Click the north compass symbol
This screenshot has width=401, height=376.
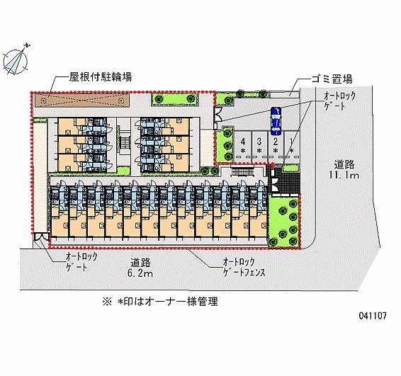pos(15,62)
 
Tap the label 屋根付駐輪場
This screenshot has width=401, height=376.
pos(101,76)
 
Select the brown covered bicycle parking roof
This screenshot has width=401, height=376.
pos(82,100)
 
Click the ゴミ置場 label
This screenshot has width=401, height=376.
pos(332,79)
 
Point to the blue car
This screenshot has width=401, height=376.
pos(276,121)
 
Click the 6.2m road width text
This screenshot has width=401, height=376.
pos(140,273)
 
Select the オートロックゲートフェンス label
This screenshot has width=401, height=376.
pos(244,268)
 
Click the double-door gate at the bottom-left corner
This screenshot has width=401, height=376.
pos(41,237)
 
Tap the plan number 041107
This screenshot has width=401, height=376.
pos(373,316)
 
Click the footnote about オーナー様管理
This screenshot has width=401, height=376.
pos(160,302)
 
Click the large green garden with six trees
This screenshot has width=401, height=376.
pos(284,222)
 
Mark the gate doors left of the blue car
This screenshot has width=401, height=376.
pos(218,114)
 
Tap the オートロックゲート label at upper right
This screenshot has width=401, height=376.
pos(339,101)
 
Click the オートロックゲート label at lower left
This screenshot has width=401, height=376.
pos(81,261)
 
